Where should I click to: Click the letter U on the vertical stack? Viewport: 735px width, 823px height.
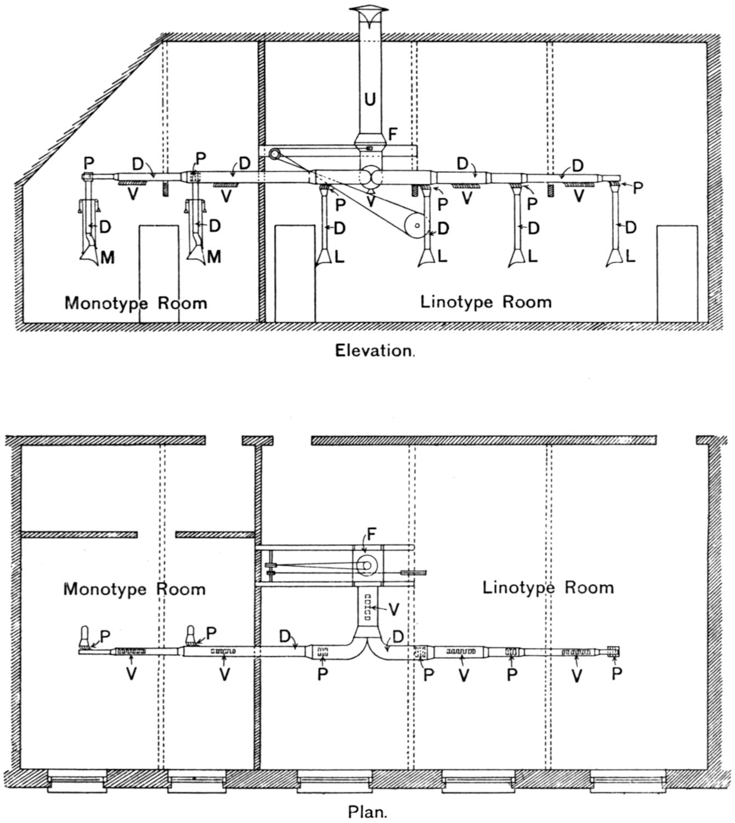(370, 99)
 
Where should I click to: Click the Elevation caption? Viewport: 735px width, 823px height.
(375, 350)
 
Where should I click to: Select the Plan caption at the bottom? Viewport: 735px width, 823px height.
(367, 811)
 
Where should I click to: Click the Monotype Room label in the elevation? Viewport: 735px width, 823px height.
(135, 303)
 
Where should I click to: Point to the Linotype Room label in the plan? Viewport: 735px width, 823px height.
(547, 588)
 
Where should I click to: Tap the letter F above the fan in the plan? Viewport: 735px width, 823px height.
(372, 535)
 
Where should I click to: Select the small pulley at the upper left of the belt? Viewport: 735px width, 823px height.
(274, 156)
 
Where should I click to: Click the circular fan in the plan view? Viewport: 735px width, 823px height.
(366, 565)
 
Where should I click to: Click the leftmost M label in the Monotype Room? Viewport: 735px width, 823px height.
(108, 257)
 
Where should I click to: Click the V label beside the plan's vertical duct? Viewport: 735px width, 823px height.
(393, 608)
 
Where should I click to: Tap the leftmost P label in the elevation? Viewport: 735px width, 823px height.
(89, 163)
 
